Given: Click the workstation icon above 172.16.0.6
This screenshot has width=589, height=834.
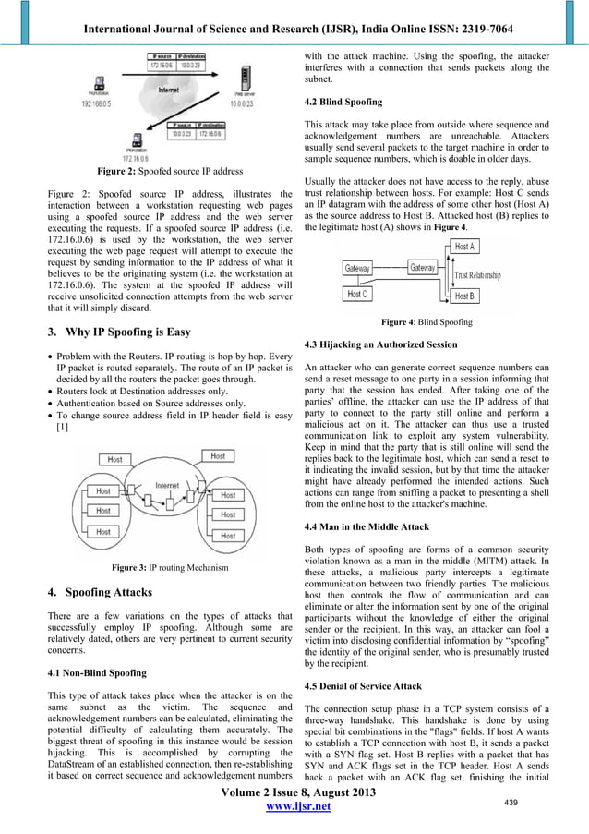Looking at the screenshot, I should point(137,140).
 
